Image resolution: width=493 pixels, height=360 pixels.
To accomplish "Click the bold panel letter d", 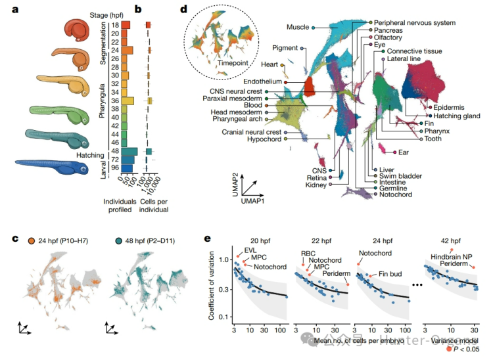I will (x=183, y=10).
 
